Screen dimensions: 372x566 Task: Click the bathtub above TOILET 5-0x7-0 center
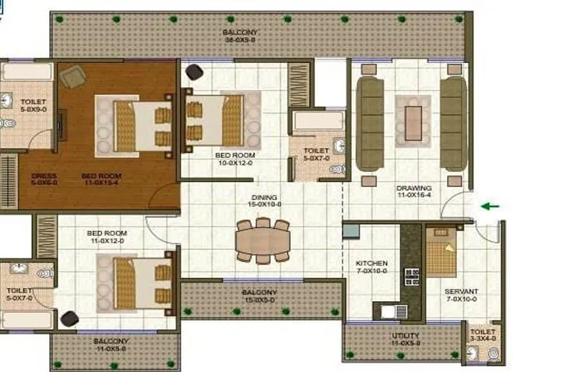tap(317, 121)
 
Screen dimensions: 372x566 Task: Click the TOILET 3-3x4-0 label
tap(482, 335)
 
